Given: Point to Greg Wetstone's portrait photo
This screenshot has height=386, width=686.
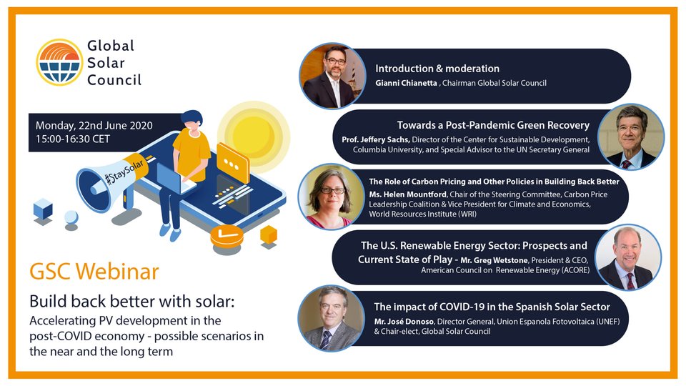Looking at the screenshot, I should (x=627, y=257).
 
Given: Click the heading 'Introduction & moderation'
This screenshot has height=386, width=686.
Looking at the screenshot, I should (x=437, y=69).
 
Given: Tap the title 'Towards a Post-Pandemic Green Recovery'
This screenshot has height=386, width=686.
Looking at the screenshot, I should (x=493, y=124).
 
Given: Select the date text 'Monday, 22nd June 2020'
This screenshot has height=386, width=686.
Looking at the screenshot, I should (x=94, y=126).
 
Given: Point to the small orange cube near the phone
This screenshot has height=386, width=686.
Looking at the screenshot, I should (x=269, y=234).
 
